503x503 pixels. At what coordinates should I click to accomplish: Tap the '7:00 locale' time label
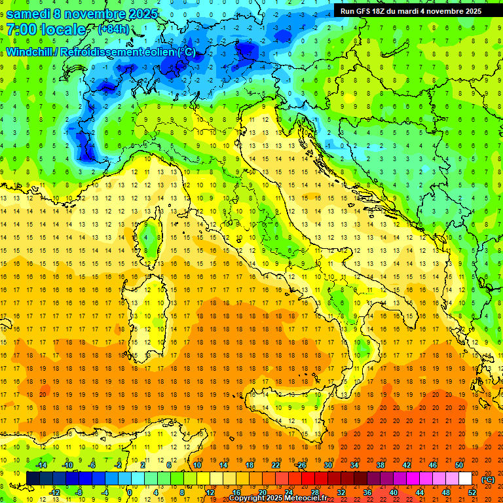[x=46, y=29]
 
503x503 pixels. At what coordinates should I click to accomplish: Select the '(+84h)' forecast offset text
[x=113, y=29]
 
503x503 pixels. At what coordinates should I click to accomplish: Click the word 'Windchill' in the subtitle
[x=29, y=52]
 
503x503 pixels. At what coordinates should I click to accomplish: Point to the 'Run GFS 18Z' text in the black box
[x=365, y=10]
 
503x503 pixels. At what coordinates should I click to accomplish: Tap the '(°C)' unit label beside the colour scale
[x=488, y=479]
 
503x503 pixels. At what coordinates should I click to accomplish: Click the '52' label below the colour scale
[x=472, y=493]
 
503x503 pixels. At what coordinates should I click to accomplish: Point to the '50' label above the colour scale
[x=458, y=465]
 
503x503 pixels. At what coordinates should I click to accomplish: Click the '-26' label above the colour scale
[x=301, y=465]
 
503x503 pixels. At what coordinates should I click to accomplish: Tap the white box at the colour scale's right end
[x=465, y=479]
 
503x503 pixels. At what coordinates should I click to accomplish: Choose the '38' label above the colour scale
[x=380, y=465]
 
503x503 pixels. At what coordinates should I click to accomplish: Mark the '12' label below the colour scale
[x=210, y=493]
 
